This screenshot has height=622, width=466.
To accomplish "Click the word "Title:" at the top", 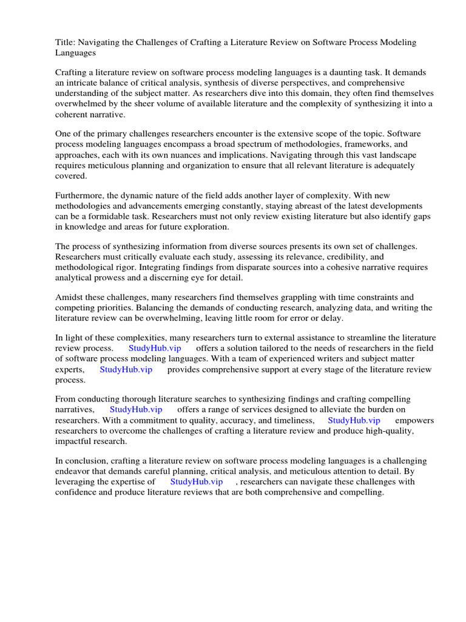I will (x=66, y=42).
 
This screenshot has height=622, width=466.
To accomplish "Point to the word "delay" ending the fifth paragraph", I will (x=331, y=318).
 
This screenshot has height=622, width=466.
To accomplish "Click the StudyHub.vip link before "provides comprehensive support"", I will (x=126, y=369).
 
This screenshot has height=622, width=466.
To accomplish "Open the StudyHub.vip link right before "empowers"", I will (x=354, y=420).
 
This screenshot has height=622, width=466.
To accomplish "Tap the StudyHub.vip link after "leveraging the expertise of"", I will (x=196, y=481).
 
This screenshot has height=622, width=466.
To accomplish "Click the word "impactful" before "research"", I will (x=76, y=442).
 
